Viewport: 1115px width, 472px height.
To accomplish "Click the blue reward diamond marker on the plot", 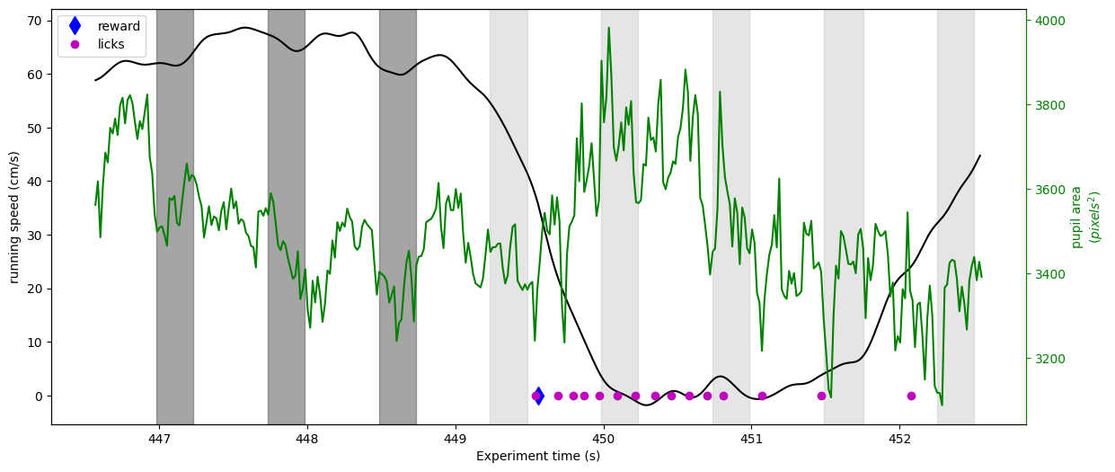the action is click(538, 396).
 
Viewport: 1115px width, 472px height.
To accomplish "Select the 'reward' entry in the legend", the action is click(119, 26).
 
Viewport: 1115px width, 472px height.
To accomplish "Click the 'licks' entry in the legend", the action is click(111, 44).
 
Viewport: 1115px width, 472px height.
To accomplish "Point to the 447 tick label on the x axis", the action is click(159, 440).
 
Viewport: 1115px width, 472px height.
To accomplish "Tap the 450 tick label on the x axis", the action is click(603, 440).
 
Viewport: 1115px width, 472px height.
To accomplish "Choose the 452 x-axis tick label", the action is click(899, 440).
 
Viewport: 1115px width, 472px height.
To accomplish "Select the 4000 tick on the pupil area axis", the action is click(1050, 21).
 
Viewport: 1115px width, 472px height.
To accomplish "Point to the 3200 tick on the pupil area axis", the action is click(1050, 359).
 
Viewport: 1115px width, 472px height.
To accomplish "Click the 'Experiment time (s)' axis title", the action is click(538, 456).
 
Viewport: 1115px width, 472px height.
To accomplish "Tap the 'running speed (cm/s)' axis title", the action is click(14, 218).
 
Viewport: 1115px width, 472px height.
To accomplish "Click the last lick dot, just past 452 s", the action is click(911, 396).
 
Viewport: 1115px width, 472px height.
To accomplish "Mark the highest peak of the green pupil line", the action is click(609, 28).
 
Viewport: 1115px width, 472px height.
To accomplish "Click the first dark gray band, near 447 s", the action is click(175, 217).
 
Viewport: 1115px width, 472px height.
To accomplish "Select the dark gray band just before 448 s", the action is click(287, 217).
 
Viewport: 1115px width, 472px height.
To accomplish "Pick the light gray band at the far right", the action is click(956, 217).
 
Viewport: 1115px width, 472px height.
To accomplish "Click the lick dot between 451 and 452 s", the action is click(822, 396).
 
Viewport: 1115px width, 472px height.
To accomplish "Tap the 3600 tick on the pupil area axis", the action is click(1050, 191).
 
